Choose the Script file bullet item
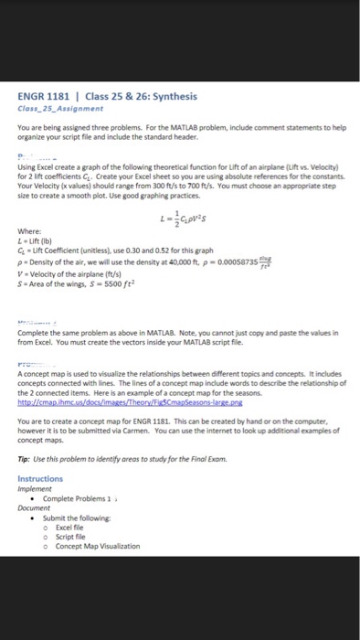pos(74,538)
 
